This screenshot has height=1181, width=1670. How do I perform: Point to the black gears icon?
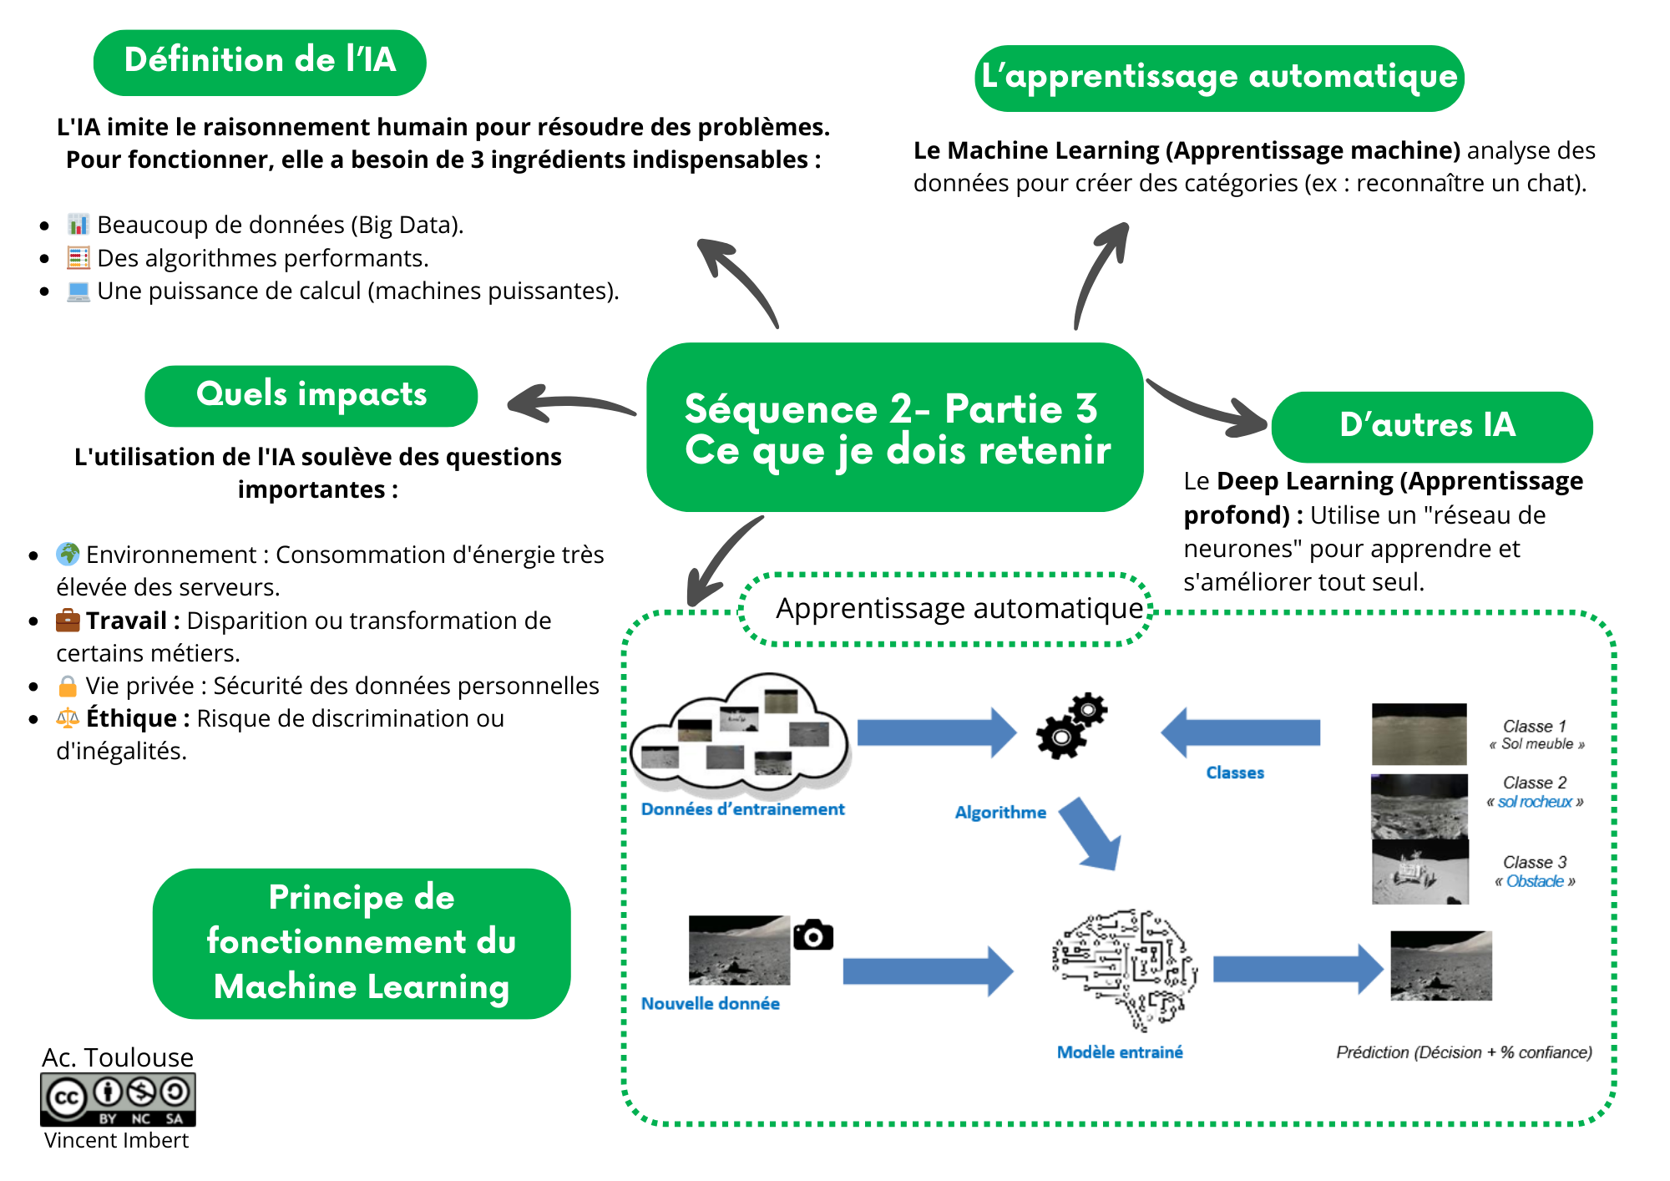(1070, 725)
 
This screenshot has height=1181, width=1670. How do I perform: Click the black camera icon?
(813, 935)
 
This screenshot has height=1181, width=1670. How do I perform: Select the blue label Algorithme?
(1000, 813)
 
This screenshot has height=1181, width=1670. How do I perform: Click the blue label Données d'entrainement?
(742, 809)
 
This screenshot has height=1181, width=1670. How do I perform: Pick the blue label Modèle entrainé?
(1120, 1052)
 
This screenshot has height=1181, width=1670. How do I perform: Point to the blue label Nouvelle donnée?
(710, 1004)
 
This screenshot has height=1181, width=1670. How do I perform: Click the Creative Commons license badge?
(118, 1099)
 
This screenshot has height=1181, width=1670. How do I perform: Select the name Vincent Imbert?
(116, 1141)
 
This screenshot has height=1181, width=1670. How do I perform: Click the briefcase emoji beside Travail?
(68, 621)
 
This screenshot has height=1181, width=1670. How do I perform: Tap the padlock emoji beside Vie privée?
(68, 687)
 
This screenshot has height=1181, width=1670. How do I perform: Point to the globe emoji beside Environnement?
(68, 554)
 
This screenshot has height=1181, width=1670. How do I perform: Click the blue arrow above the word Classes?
(1241, 732)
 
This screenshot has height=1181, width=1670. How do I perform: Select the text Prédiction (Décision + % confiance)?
(1464, 1052)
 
